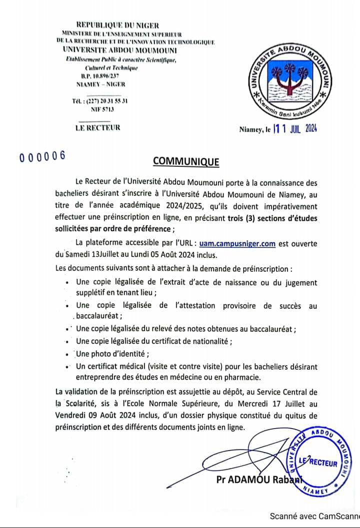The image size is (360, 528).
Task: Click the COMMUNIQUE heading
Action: (x=185, y=161)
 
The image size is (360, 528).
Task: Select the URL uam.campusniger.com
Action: (x=237, y=244)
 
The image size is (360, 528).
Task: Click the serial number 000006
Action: (x=42, y=156)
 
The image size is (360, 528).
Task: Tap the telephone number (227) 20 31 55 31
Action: (x=100, y=101)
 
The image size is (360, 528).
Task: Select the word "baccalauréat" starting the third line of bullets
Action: (x=98, y=316)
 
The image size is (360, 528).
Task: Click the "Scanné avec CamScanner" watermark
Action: (x=314, y=516)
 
